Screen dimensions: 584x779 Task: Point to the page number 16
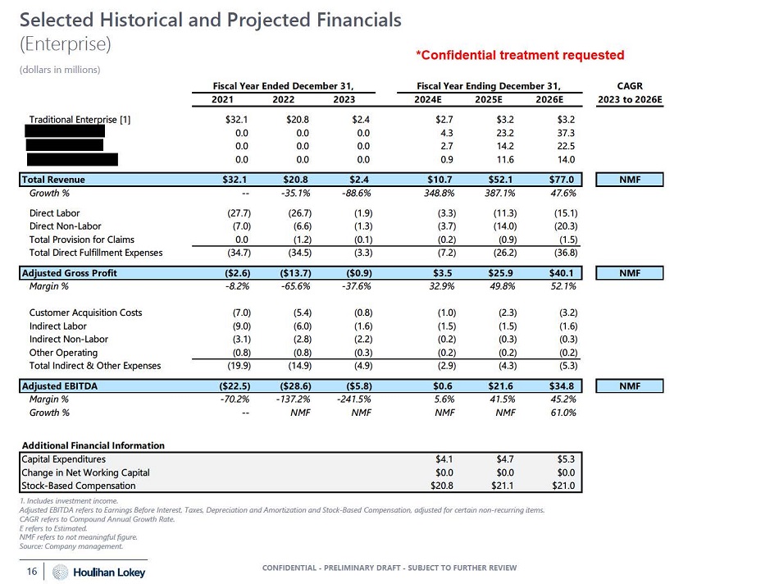point(33,571)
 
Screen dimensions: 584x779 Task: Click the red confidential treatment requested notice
point(520,56)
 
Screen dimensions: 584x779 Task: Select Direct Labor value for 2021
point(237,213)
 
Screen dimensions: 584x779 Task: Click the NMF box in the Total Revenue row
point(630,180)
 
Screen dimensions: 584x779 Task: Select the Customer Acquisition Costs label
point(85,313)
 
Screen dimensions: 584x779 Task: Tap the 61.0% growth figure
point(560,413)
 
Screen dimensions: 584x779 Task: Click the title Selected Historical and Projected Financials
point(210,19)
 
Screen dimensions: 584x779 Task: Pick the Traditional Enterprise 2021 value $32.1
point(238,119)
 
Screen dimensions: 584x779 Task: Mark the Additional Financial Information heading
point(93,445)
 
